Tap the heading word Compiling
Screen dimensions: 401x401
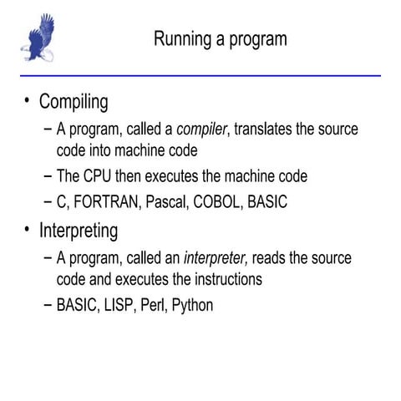pos(74,103)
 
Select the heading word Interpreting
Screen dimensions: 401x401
pos(79,230)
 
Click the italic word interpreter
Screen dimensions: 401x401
pos(218,258)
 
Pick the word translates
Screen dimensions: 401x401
pos(267,129)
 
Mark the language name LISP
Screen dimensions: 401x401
pos(121,305)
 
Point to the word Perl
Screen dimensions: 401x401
pos(156,305)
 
